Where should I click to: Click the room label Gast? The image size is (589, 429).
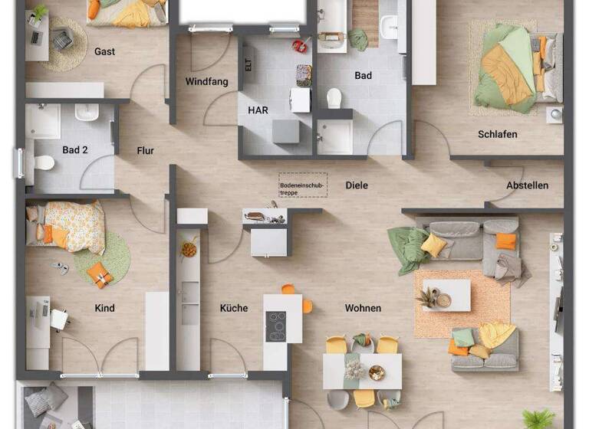point(105,51)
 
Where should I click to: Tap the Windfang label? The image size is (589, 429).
point(206,81)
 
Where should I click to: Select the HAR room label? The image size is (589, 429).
point(258,110)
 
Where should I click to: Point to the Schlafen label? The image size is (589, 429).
point(497,134)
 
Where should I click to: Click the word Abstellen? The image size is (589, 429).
point(527,185)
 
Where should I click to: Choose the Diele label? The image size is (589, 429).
point(357,185)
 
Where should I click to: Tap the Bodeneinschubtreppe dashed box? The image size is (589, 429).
point(302,185)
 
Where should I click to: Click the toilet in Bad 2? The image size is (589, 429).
point(44,162)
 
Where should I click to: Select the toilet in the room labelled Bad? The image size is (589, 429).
point(334,98)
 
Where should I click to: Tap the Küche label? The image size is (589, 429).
point(234,308)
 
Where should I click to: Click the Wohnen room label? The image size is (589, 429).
point(363,308)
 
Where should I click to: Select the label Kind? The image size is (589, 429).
point(104,308)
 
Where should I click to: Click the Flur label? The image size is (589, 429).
point(146,151)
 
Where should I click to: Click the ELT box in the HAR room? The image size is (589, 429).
point(248,65)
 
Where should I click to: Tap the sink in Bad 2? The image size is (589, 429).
point(86,113)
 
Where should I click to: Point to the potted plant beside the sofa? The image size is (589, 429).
point(426,298)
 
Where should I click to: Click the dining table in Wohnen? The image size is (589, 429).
point(362,371)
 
